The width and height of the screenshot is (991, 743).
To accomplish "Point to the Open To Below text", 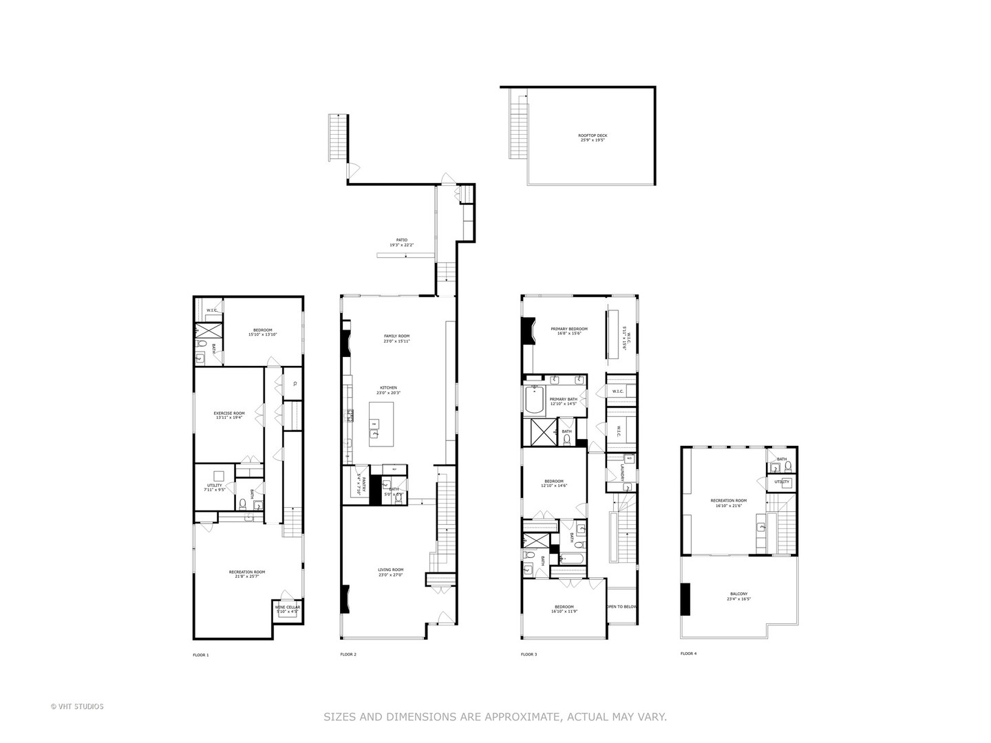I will point(621,607).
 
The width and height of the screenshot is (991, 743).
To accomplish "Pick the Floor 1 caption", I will point(200,655).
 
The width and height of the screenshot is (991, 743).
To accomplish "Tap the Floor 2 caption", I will point(348,654).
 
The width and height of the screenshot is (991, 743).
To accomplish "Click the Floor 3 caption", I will point(529,654).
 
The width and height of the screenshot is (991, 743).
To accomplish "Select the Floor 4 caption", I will point(688,654).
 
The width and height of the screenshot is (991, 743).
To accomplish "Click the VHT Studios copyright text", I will point(77,706).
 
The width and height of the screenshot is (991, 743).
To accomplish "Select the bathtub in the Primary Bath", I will point(535,401).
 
